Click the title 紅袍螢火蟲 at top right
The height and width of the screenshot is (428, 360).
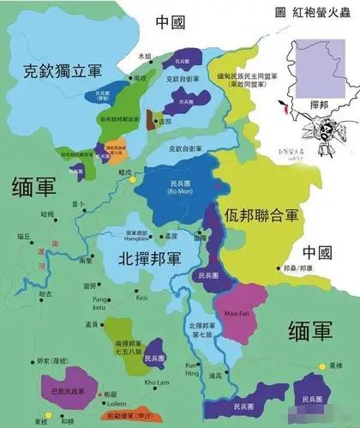[x=323, y=14]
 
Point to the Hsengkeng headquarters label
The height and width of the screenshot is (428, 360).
[x=140, y=236]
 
